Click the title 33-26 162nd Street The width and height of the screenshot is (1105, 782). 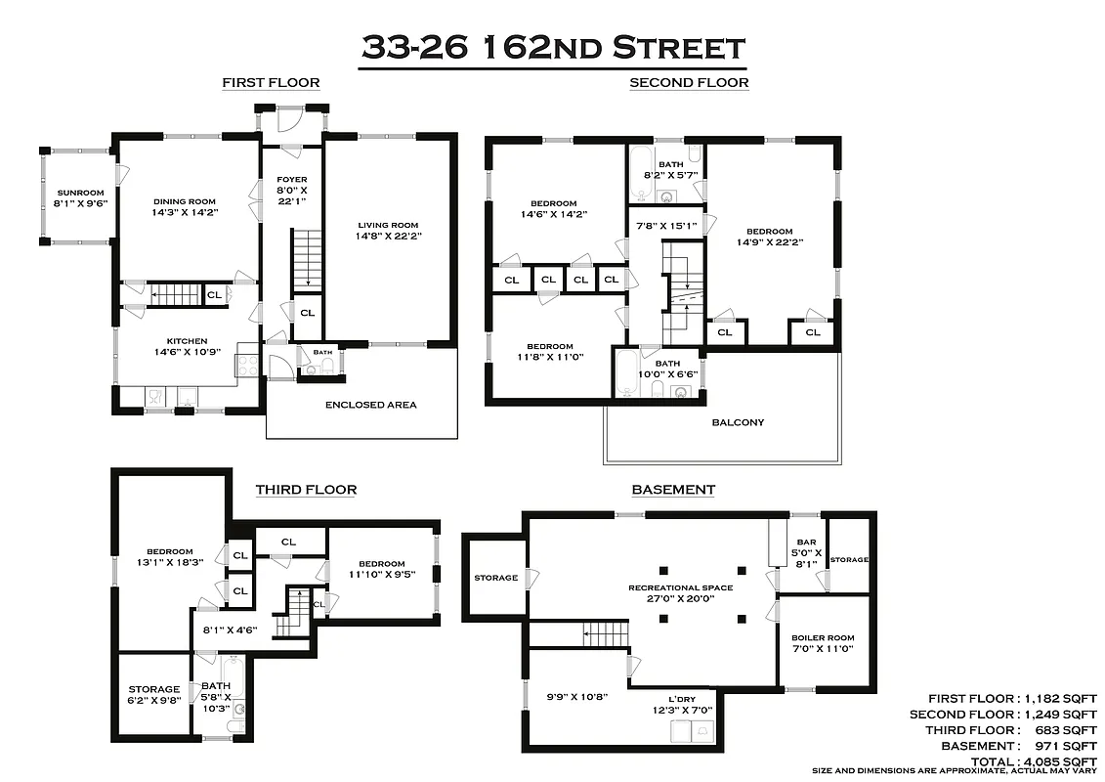[552, 47]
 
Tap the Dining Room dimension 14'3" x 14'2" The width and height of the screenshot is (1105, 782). [185, 211]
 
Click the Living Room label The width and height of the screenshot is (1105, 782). [388, 225]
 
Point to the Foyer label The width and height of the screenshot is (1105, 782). [291, 180]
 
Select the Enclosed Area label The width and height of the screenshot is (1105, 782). [370, 405]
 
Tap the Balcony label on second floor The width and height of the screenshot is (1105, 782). [739, 422]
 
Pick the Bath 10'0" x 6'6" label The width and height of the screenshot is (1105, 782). [668, 369]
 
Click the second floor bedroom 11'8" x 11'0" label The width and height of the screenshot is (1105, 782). [550, 352]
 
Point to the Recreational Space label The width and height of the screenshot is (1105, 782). [680, 587]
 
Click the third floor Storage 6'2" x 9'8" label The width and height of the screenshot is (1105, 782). [153, 695]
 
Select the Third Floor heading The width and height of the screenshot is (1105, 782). [306, 490]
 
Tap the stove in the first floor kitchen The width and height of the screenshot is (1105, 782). [247, 366]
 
